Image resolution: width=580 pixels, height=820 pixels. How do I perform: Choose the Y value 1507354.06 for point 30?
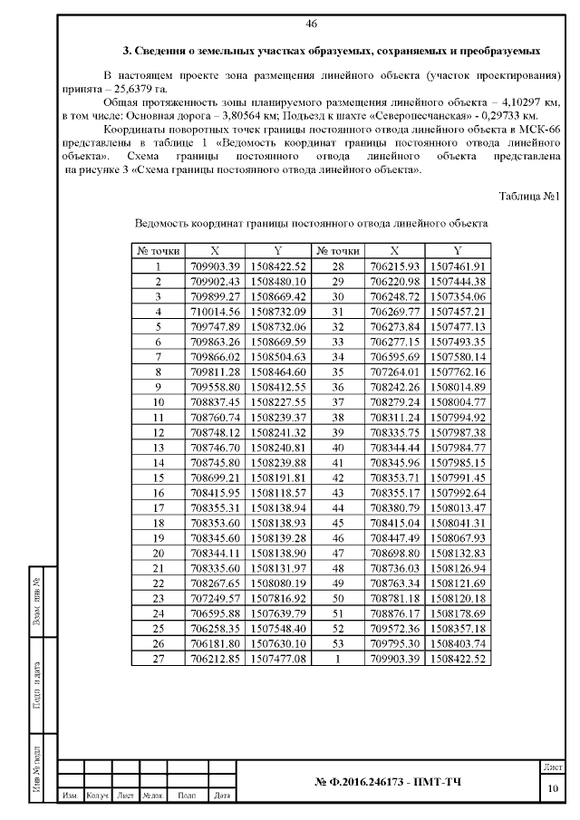coord(458,295)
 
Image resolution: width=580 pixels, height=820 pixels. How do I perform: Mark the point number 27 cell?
coord(158,657)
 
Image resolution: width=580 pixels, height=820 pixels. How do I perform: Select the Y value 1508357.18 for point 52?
coord(458,628)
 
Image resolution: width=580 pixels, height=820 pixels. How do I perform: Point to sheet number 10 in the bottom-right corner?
coord(553,787)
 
